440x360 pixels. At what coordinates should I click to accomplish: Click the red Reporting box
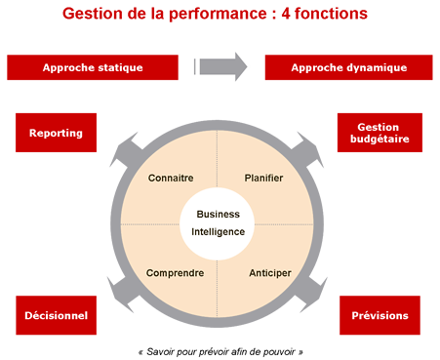coord(57,133)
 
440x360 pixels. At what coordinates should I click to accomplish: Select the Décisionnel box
coord(57,315)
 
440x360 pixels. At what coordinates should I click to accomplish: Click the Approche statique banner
coord(93,67)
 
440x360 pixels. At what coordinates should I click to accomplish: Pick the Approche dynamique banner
coord(348,67)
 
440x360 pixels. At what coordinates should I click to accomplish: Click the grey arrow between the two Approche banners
coord(221,66)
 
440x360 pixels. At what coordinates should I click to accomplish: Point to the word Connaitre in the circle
coord(171,179)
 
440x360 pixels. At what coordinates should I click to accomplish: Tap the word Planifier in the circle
coord(263,179)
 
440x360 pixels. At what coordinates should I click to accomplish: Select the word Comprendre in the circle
coord(175,273)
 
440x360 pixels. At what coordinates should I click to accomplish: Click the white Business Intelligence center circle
coord(218,223)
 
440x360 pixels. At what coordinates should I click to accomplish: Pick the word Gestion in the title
coord(92,16)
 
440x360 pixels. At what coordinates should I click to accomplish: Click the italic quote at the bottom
coord(220,350)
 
